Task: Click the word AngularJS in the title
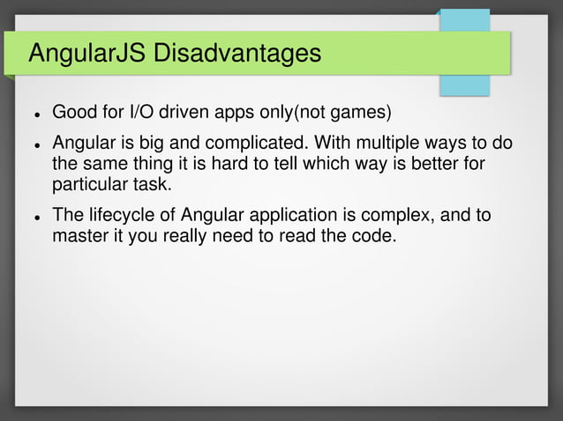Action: [x=86, y=55]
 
